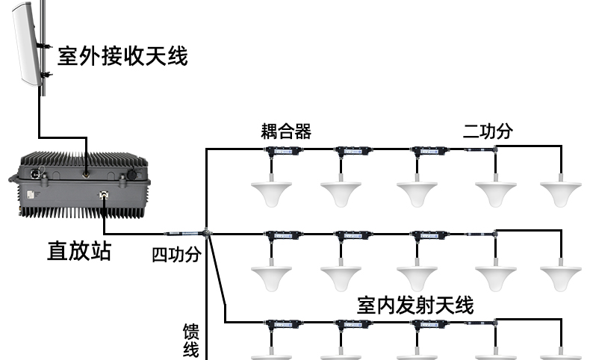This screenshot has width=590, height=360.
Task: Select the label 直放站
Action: [x=78, y=250]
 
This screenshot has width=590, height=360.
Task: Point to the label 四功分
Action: [x=177, y=255]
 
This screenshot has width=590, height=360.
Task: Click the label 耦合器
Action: [x=286, y=131]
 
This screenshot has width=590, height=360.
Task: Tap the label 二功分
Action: [x=488, y=131]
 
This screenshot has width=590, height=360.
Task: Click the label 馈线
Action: [x=192, y=339]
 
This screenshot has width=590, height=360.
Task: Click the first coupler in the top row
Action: [x=284, y=151]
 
